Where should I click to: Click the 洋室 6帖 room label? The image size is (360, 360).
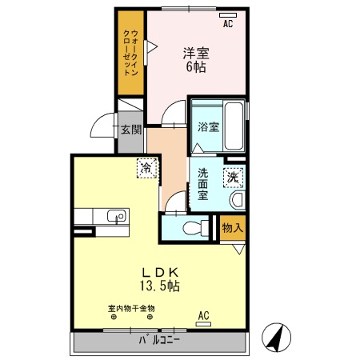[x=196, y=60]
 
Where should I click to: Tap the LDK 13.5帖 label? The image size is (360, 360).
[x=160, y=279]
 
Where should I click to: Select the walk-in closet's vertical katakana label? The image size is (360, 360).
[x=130, y=53]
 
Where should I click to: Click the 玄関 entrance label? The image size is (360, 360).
[x=131, y=130]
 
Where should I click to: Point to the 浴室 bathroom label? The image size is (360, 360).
[x=208, y=127]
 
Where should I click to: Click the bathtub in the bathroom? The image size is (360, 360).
[x=234, y=126]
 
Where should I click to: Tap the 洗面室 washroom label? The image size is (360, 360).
[x=203, y=184]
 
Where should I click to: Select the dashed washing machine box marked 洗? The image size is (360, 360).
[x=233, y=178]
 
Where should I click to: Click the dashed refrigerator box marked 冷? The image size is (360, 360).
[x=147, y=168]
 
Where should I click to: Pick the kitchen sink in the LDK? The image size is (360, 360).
[x=117, y=216]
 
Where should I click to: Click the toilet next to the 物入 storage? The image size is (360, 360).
[x=196, y=228]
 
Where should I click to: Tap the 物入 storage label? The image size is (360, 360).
[x=233, y=228]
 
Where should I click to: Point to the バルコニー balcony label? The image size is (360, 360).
[x=159, y=340]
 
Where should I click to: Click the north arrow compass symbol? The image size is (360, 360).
[x=276, y=337]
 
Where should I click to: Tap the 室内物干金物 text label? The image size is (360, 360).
[x=131, y=309]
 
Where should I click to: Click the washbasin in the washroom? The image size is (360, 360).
[x=238, y=200]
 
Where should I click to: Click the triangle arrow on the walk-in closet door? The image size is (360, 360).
[x=152, y=47]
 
